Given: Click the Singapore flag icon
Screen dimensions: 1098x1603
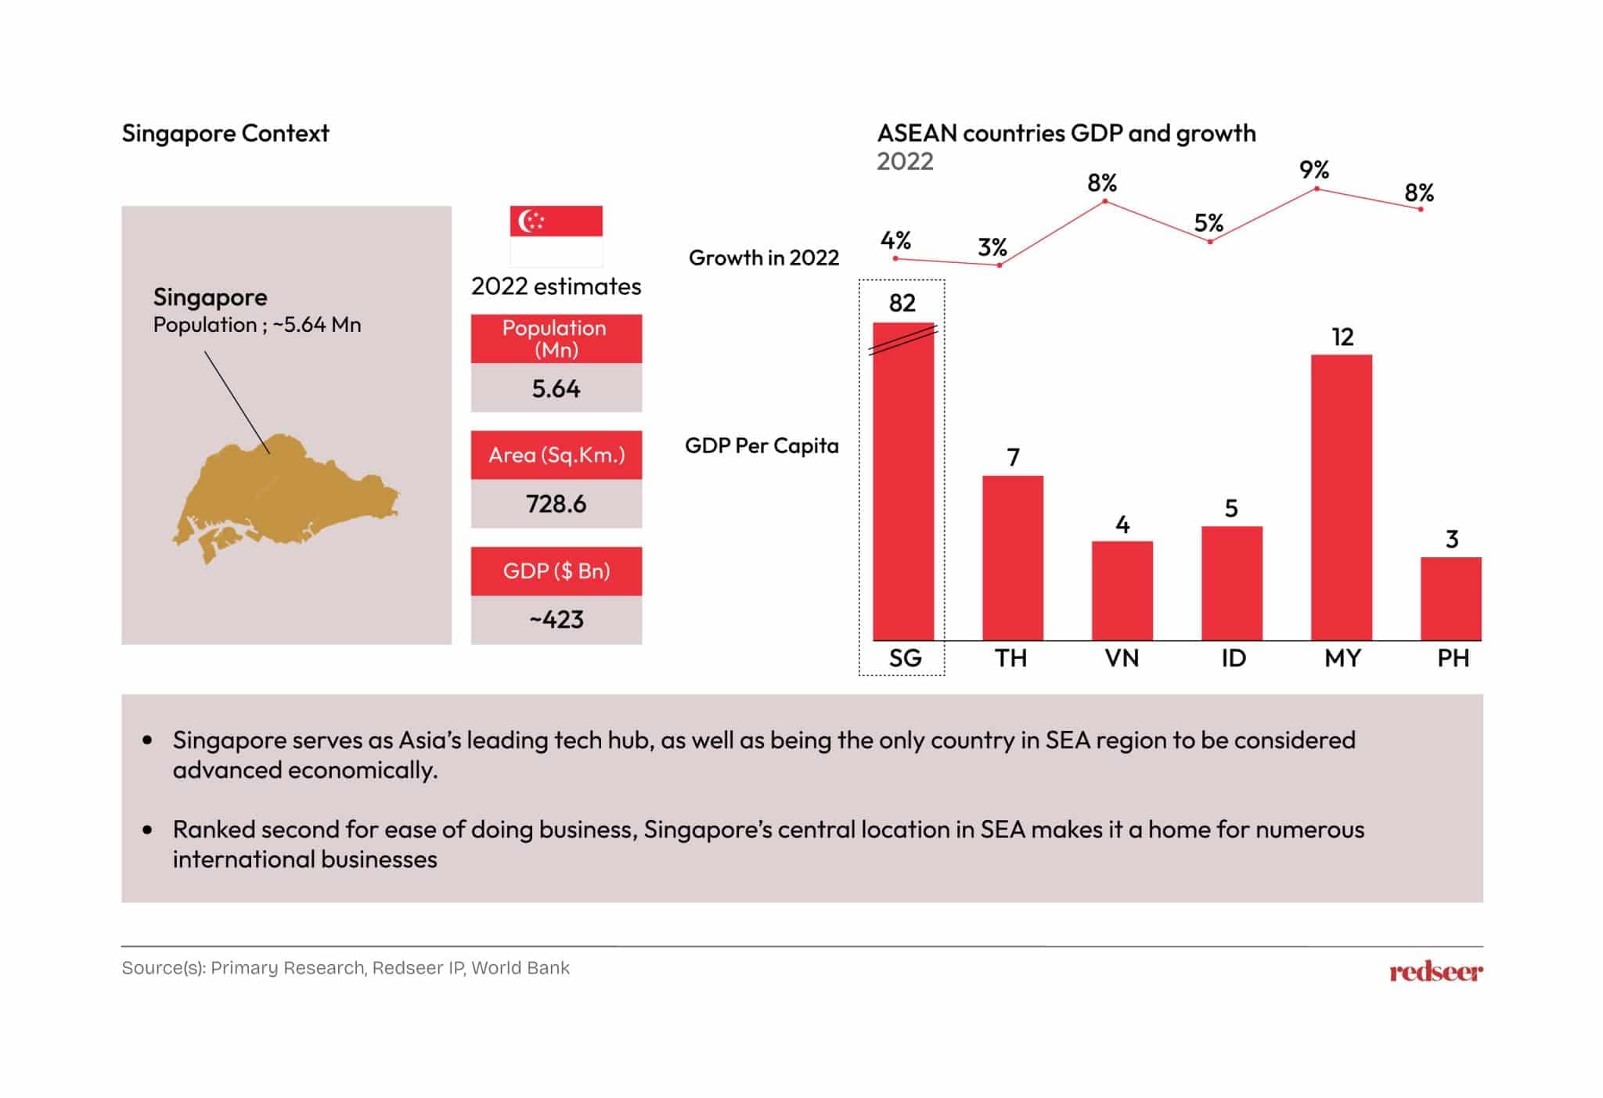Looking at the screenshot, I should pos(556,236).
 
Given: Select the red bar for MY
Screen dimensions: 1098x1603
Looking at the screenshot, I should pos(1341,497).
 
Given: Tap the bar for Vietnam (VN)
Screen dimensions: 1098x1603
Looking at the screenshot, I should pos(1122,590).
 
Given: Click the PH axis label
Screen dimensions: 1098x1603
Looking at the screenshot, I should pos(1453,658).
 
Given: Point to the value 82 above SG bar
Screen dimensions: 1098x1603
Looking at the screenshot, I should pos(902,303).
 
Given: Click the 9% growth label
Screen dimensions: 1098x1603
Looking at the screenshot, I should pos(1313,170).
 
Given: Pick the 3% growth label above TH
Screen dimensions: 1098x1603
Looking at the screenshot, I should pos(992,247).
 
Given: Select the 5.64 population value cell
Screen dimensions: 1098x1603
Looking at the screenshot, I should pos(556,388).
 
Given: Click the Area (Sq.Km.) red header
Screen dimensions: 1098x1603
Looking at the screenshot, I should pos(556,455).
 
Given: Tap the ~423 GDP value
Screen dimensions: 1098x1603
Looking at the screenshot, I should pos(556,620).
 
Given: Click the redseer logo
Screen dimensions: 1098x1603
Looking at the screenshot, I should pos(1435,972).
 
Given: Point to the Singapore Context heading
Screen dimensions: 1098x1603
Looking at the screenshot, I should pos(225,133).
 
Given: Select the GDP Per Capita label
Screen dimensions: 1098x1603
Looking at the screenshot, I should pos(761,445).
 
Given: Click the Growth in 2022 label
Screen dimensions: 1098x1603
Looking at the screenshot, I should pos(763,257).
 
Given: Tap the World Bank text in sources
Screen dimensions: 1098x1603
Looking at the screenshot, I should pos(521,968).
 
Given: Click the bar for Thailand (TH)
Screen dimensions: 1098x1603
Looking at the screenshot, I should pos(1012,557).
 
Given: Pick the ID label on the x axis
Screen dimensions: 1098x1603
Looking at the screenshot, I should pos(1233,658).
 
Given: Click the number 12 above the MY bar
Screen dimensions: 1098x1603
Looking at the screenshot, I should pos(1342,337).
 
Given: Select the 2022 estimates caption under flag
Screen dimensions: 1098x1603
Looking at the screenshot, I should pos(556,286).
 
